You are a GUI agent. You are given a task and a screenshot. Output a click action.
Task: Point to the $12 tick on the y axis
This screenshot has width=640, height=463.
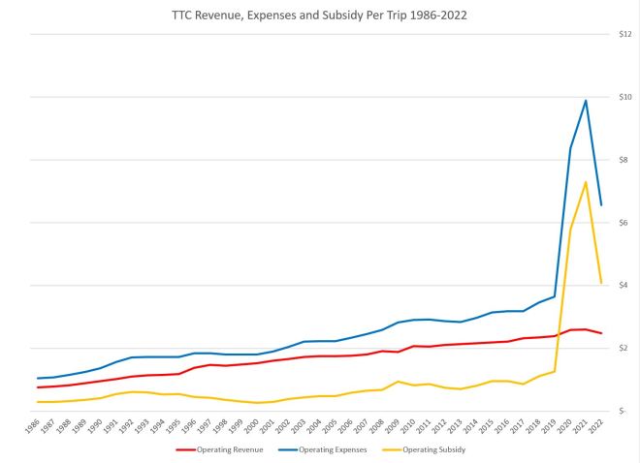click(x=624, y=35)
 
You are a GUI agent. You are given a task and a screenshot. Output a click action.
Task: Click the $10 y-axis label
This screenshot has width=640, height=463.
click(x=624, y=98)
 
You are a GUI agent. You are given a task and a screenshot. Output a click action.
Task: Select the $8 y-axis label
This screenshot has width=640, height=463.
click(x=626, y=161)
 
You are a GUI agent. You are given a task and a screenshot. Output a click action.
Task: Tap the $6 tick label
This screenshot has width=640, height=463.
click(x=626, y=223)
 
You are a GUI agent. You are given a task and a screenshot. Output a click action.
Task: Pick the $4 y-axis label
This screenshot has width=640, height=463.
click(x=626, y=286)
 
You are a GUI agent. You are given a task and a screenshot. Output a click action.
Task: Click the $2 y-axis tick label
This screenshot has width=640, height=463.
click(x=626, y=349)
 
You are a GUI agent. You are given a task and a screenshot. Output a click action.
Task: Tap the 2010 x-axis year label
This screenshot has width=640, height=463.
click(x=411, y=425)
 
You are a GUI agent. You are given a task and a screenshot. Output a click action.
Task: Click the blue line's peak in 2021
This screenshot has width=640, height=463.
click(x=586, y=101)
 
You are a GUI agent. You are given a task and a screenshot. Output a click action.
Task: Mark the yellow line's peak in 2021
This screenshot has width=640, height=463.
click(x=586, y=182)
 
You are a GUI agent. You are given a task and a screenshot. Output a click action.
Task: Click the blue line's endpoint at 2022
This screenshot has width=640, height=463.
click(x=602, y=205)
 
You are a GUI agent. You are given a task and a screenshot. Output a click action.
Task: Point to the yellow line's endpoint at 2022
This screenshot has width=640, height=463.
click(x=602, y=283)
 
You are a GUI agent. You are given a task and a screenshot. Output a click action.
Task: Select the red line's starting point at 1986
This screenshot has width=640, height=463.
click(x=38, y=387)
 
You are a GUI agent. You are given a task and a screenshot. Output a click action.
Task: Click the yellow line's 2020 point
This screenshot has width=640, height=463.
click(x=570, y=229)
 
